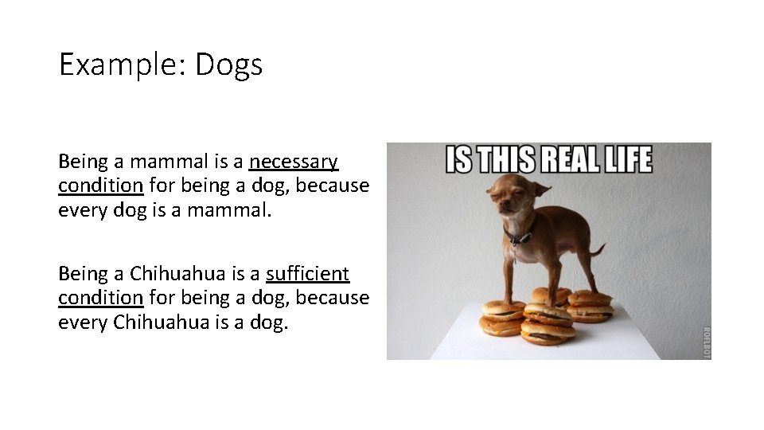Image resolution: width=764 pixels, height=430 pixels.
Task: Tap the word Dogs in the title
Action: (x=228, y=64)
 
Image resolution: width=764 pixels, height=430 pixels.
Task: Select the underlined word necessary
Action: (x=294, y=162)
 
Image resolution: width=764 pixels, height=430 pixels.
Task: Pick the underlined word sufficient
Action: (x=308, y=274)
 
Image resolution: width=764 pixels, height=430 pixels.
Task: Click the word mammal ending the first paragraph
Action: (x=235, y=209)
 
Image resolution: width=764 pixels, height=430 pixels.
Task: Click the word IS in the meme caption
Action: (x=459, y=160)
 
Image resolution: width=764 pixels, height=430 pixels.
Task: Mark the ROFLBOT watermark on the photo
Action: (x=704, y=342)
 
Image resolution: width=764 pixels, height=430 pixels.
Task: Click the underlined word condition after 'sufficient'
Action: (x=100, y=298)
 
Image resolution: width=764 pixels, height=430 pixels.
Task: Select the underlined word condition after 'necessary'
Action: (x=100, y=186)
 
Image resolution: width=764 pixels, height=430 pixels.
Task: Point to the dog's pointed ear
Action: (x=541, y=190)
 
